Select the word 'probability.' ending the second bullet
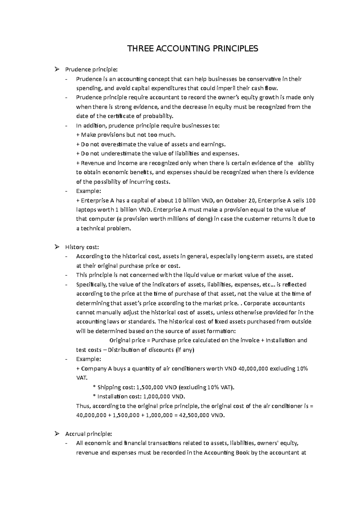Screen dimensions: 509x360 pyautogui.click(x=158, y=116)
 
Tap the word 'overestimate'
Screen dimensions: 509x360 pyautogui.click(x=118, y=144)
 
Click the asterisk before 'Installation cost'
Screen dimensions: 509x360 pyautogui.click(x=94, y=397)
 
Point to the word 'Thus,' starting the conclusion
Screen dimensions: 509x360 pyautogui.click(x=83, y=406)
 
